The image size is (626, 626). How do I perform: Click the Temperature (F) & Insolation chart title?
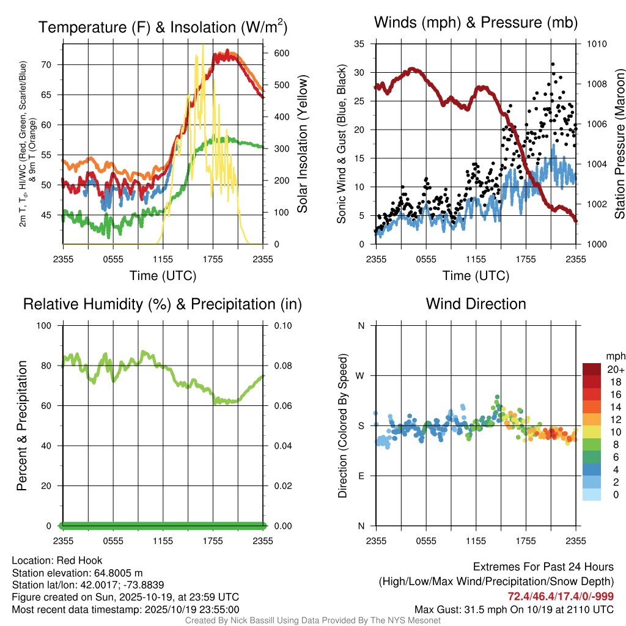(163, 28)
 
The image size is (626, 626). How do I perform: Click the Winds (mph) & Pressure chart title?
(476, 23)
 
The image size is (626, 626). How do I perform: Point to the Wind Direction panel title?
(476, 304)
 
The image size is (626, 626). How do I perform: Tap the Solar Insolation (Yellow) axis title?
(302, 144)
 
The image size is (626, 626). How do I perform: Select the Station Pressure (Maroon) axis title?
(619, 144)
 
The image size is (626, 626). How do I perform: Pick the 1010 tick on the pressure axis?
(597, 44)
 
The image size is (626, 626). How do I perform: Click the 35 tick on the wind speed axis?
(359, 44)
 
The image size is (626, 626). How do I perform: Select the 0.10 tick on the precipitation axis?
(282, 325)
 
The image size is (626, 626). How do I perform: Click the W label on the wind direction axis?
(361, 375)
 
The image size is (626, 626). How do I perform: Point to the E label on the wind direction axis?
(361, 476)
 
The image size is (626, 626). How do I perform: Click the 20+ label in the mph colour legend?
(616, 369)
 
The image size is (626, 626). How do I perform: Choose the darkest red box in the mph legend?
(592, 369)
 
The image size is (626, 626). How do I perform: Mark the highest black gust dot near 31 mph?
(553, 64)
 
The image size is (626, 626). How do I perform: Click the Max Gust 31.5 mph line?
(514, 609)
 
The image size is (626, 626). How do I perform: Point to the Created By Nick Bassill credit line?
(312, 620)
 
